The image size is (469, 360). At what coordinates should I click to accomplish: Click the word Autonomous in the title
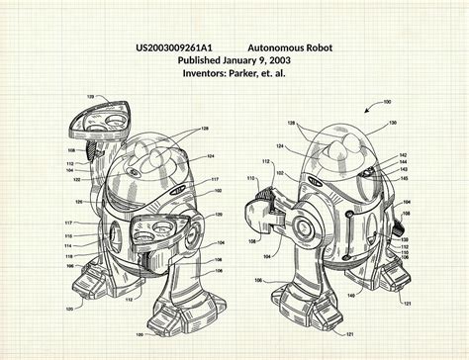point(277,47)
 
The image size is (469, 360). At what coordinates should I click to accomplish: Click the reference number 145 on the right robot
point(403,178)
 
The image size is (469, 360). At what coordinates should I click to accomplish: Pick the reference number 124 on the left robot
point(211,155)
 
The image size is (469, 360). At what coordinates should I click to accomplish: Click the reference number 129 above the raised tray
point(90,97)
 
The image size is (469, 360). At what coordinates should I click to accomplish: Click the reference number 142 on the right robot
point(403,155)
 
